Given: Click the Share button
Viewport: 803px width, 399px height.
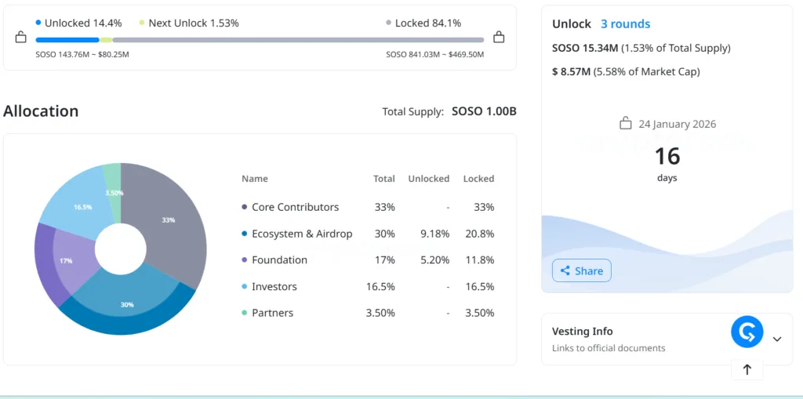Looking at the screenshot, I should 582,270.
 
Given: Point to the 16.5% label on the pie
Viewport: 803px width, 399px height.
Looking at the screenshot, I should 83,207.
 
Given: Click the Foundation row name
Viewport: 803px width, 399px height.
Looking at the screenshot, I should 279,259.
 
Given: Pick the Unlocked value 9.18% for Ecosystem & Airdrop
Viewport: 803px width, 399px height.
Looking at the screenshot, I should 434,234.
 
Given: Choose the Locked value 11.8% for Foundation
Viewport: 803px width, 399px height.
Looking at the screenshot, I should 480,259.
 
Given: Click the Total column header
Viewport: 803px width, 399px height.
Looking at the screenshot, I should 384,179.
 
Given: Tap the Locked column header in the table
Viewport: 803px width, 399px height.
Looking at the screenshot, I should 478,179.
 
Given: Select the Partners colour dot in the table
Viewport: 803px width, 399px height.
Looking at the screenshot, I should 245,313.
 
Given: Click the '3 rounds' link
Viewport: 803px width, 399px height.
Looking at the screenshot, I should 625,24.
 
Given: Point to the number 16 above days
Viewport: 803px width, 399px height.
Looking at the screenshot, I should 667,156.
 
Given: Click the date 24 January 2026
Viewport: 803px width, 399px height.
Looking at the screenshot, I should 677,124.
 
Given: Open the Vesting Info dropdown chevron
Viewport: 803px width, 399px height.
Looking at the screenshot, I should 777,339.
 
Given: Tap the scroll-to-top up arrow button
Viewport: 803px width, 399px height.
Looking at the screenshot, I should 747,369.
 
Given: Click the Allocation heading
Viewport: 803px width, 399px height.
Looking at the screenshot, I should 41,111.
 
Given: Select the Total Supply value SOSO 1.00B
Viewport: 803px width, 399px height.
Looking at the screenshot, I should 484,111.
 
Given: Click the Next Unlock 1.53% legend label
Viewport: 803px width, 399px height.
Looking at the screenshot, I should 193,24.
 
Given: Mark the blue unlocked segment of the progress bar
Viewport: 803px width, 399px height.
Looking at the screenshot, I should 67,39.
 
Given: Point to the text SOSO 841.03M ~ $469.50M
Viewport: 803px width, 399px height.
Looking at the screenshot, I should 434,54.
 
